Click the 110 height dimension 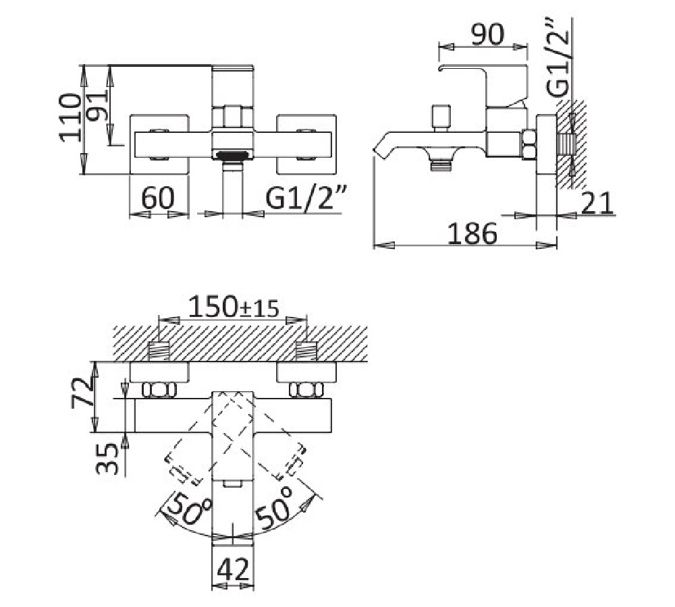click(x=70, y=117)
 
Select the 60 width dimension click(x=158, y=198)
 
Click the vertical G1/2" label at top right click(x=558, y=57)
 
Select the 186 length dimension click(x=472, y=234)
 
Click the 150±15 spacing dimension click(x=234, y=307)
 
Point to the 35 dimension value click(x=107, y=459)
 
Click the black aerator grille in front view click(x=232, y=155)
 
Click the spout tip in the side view click(x=379, y=150)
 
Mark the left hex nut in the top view click(x=159, y=391)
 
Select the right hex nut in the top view click(x=306, y=391)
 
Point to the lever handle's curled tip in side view click(x=441, y=68)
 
